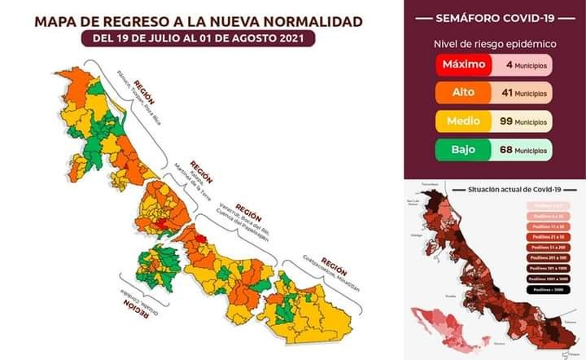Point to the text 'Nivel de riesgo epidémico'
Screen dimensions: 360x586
point(494,42)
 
